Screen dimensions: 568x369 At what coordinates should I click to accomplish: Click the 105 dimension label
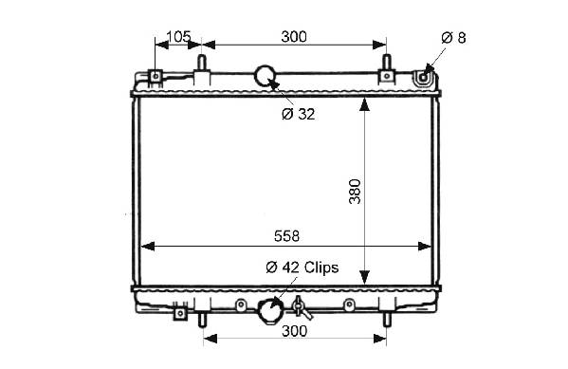[x=178, y=37]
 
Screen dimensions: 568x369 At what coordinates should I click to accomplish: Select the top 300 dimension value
[x=294, y=37]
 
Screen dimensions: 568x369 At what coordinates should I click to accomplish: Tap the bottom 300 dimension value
[x=294, y=331]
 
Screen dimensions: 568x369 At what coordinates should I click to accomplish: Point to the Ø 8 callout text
[x=453, y=38]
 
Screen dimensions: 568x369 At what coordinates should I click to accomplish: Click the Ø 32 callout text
[x=298, y=114]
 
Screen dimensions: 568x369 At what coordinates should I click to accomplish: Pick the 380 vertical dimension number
[x=355, y=192]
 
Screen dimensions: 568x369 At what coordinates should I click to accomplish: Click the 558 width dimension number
[x=287, y=236]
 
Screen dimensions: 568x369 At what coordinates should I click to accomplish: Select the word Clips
[x=321, y=268]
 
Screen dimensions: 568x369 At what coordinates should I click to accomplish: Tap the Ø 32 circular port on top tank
[x=266, y=76]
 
